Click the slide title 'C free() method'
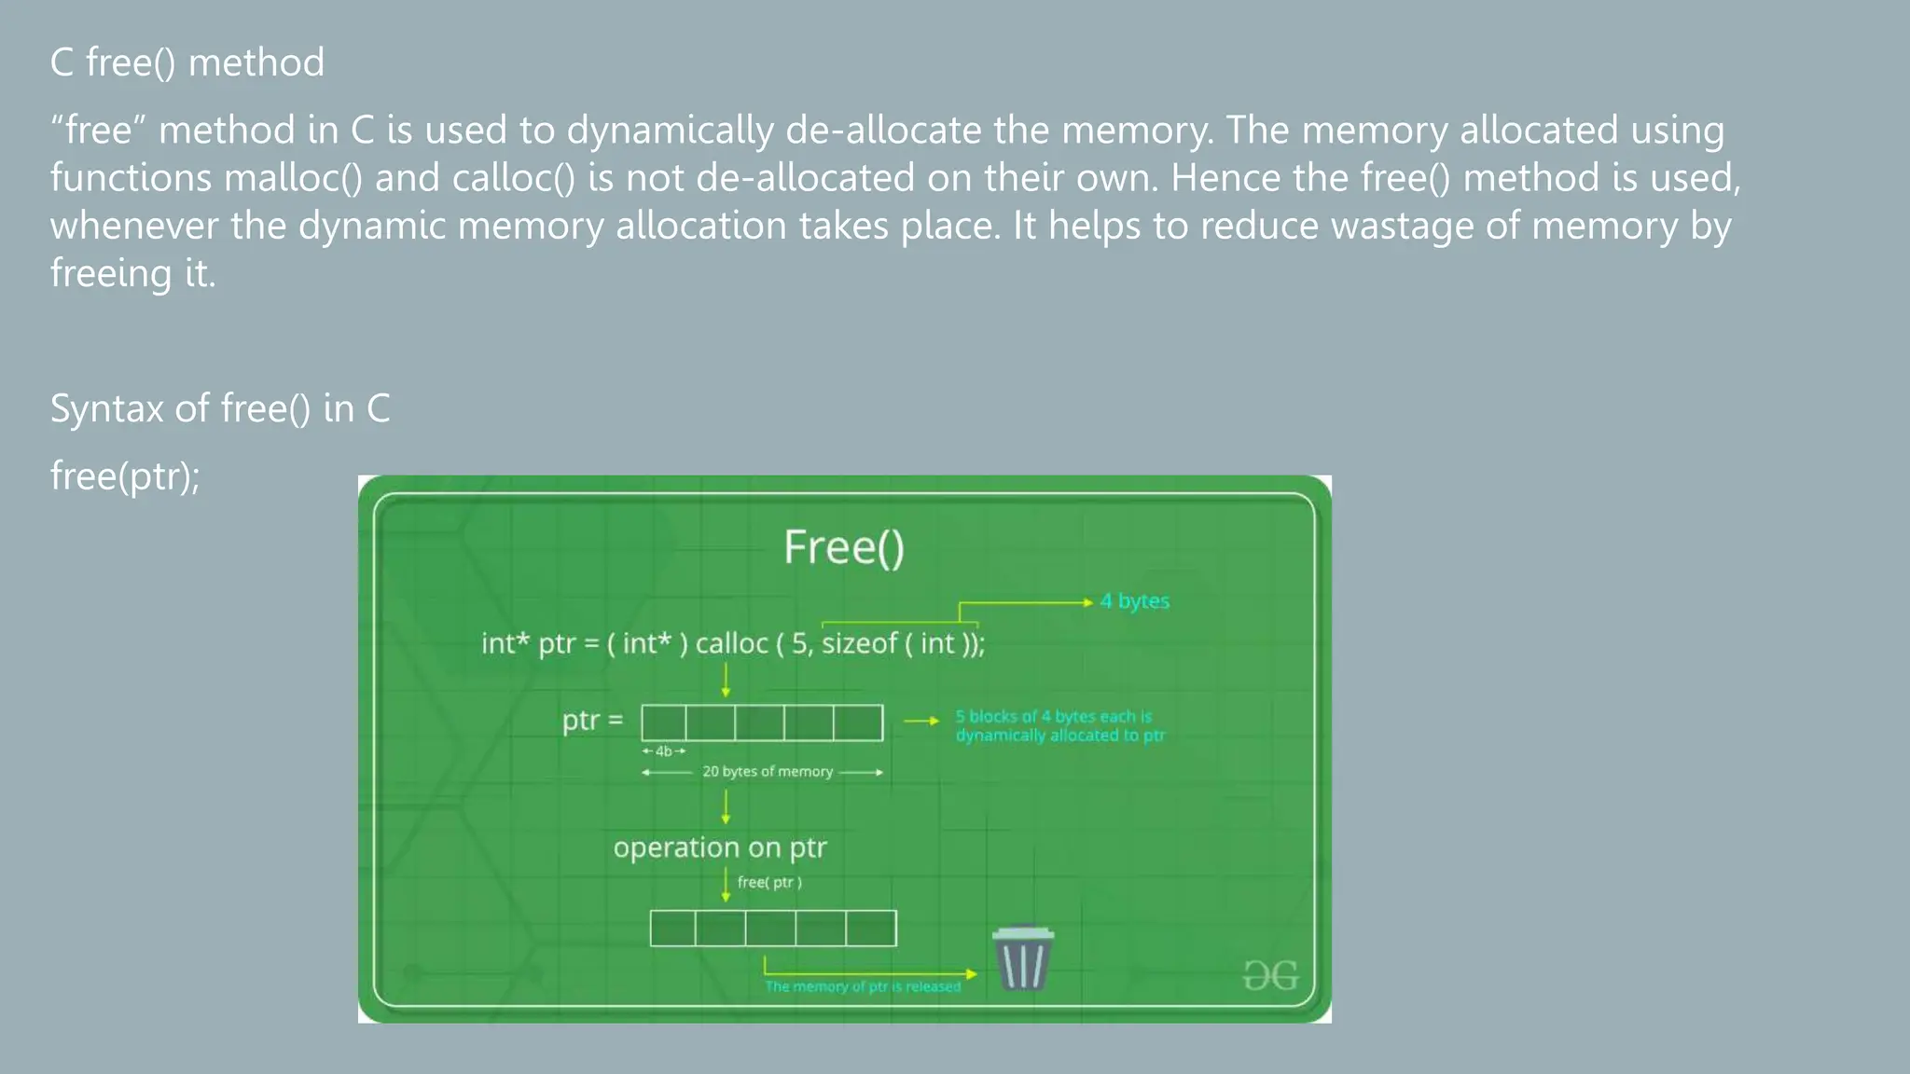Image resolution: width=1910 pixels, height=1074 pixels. (187, 63)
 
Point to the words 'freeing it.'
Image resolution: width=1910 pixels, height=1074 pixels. (132, 274)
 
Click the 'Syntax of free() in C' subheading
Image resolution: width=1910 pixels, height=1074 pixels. (220, 409)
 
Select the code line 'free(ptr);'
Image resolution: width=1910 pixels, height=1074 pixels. (125, 476)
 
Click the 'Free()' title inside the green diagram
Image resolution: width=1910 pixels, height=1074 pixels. (844, 547)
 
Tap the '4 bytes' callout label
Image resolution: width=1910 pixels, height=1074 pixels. (1134, 601)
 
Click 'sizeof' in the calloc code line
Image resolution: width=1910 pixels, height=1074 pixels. (859, 643)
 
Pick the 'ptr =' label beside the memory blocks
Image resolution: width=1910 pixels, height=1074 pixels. (592, 721)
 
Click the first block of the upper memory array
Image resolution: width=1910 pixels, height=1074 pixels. (663, 723)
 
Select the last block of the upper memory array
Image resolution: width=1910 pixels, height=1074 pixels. (858, 723)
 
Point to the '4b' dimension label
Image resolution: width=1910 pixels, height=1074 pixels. (664, 751)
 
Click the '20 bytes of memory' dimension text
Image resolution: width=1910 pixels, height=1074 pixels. (767, 772)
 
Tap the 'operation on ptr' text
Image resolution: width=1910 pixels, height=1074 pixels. (720, 847)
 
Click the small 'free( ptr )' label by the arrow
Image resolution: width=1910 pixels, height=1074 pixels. (769, 883)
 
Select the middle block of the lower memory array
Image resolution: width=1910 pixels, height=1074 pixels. (770, 929)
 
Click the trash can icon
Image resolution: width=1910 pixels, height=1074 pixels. (1023, 958)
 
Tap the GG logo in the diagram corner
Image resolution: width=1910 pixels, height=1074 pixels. (1270, 976)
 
